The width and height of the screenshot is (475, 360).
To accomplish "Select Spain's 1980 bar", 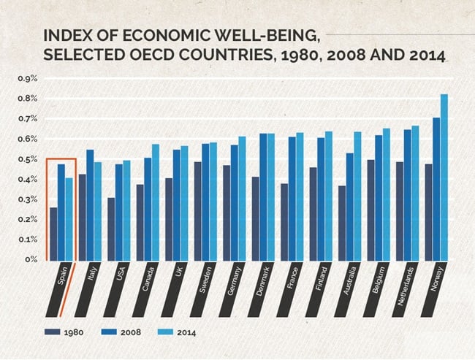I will pyautogui.click(x=53, y=233).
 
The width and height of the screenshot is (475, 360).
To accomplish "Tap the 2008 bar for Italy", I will pyautogui.click(x=91, y=204).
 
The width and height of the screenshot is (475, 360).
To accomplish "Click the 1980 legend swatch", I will pyautogui.click(x=51, y=332).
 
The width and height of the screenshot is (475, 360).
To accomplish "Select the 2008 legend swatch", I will pyautogui.click(x=107, y=332).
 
